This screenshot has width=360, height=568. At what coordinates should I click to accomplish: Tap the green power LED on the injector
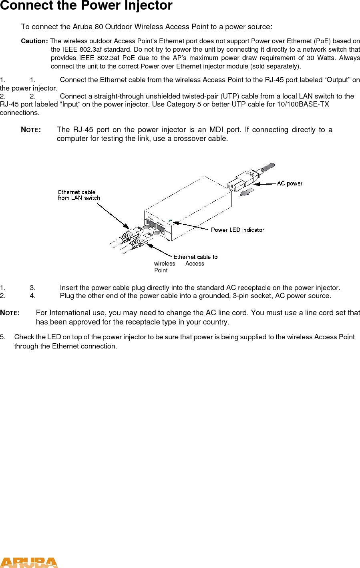[x=170, y=220]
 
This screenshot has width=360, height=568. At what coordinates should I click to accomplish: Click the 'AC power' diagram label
[x=290, y=183]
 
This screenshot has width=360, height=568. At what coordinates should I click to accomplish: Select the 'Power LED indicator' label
[x=237, y=230]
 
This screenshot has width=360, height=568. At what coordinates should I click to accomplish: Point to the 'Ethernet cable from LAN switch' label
[x=78, y=195]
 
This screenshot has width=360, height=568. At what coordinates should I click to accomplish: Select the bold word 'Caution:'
[x=34, y=41]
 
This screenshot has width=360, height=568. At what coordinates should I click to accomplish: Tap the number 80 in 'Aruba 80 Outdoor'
[x=99, y=27]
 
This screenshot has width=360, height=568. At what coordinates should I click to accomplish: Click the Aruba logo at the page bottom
[x=29, y=562]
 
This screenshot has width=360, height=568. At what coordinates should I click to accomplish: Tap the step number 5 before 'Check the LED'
[x=2, y=337]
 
